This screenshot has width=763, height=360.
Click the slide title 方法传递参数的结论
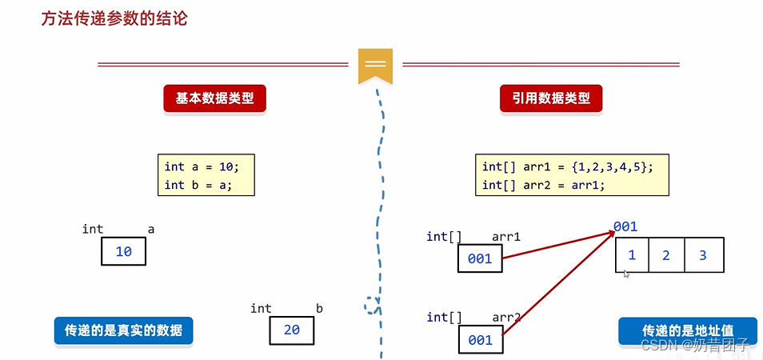pos(114,18)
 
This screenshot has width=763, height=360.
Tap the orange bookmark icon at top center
pos(375,66)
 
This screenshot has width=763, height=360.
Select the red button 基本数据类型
pos(214,99)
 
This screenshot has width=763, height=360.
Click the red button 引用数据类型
pos(551,99)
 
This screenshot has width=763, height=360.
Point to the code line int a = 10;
pos(202,166)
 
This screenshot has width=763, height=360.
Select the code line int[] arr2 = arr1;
pos(544,185)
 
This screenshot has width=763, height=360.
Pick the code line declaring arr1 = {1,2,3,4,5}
pos(568,166)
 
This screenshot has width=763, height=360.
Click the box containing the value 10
pos(124,252)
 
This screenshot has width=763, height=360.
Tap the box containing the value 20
pos(291,330)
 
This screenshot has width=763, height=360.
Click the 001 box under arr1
pos(481,259)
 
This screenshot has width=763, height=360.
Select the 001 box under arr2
pos(481,340)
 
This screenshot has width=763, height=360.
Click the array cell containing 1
pos(632,255)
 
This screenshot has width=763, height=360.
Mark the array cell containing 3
pos(703,255)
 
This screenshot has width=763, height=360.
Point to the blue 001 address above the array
pos(625,227)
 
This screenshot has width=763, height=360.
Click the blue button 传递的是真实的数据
pos(124,330)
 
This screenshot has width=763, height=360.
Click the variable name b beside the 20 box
pos(319,308)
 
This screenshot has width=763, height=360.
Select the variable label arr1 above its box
pos(506,237)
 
